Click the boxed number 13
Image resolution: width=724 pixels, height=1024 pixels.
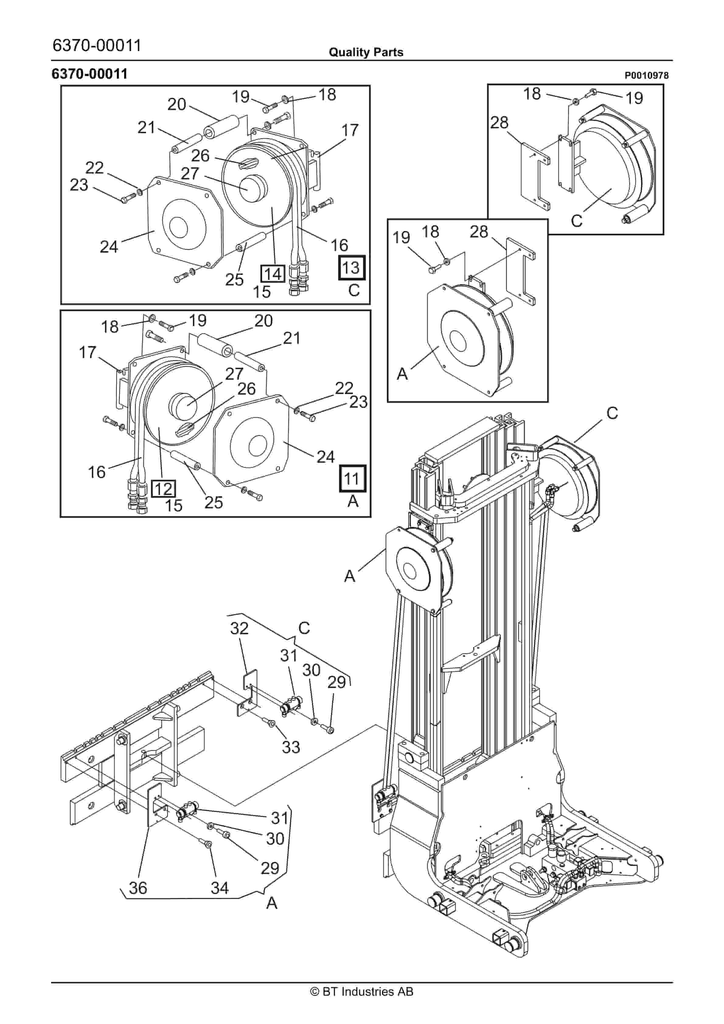[x=351, y=267]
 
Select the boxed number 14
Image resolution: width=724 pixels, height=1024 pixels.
[x=273, y=273]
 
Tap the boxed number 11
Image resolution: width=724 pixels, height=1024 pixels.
[x=352, y=479]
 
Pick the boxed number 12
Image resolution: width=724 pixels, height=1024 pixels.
[x=163, y=489]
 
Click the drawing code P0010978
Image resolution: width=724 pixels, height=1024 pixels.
[x=646, y=75]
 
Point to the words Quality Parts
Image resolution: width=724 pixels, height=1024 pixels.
[x=366, y=52]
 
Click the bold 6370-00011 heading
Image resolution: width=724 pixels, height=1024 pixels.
[x=90, y=74]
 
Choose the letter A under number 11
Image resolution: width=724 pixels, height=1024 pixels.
[x=353, y=501]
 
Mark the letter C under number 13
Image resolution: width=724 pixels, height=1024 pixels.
[x=353, y=290]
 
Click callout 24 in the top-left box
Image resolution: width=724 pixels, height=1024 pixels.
[x=109, y=246]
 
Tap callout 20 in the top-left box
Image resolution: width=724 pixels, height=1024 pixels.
[x=176, y=104]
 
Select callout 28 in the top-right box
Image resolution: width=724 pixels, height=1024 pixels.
[x=499, y=122]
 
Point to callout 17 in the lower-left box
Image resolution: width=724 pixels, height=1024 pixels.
[x=88, y=352]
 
